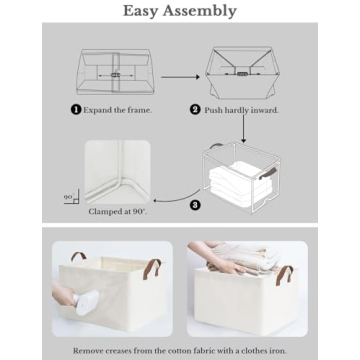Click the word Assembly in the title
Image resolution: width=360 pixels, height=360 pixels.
point(200,12)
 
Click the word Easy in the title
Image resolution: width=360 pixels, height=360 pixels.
point(140,11)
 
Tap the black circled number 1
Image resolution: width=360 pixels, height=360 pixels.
point(76,109)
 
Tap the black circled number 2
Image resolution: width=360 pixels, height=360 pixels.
point(195,110)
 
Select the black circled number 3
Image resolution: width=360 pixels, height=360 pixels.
point(195,204)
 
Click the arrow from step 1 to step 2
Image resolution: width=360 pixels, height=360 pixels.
point(180,77)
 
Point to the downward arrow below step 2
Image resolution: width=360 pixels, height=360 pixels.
point(244,128)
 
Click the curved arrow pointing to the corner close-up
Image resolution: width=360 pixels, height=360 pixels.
point(176,198)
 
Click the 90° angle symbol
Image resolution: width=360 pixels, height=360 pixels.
point(72,197)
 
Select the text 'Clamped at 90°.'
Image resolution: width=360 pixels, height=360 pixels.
point(118,212)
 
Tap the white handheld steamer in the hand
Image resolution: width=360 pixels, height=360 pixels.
point(86,302)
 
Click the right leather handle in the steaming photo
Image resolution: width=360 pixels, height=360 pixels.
point(152,269)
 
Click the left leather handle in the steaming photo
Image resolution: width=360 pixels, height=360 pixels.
point(78,256)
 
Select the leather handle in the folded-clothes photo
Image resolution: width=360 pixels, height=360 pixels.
point(284,276)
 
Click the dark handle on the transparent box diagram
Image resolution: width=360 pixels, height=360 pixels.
point(266,174)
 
